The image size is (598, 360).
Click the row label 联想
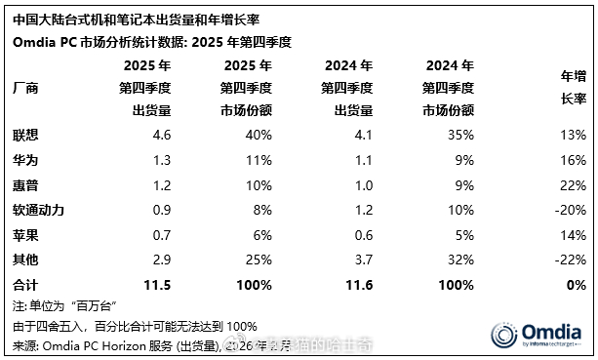click(x=26, y=134)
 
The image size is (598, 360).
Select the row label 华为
click(x=26, y=159)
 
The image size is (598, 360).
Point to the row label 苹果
click(x=26, y=235)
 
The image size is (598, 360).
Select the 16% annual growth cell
click(x=573, y=159)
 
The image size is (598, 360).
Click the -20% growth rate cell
click(x=570, y=210)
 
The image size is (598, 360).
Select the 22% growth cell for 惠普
click(x=573, y=184)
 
